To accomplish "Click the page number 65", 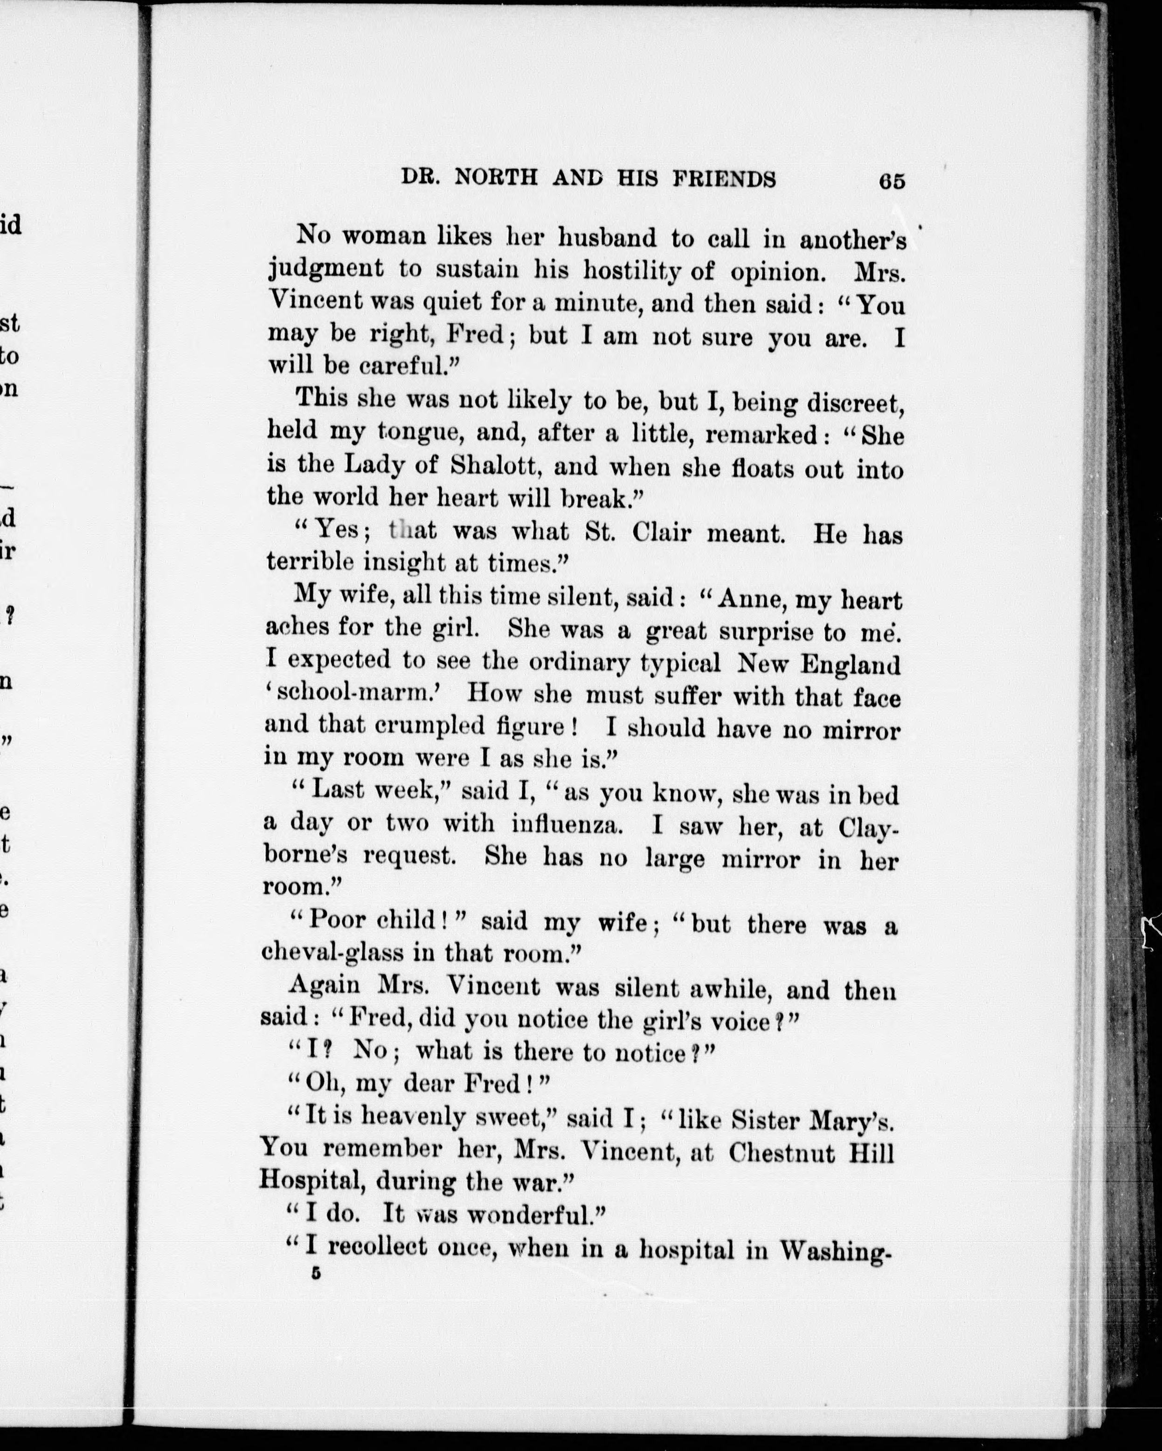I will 892,182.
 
